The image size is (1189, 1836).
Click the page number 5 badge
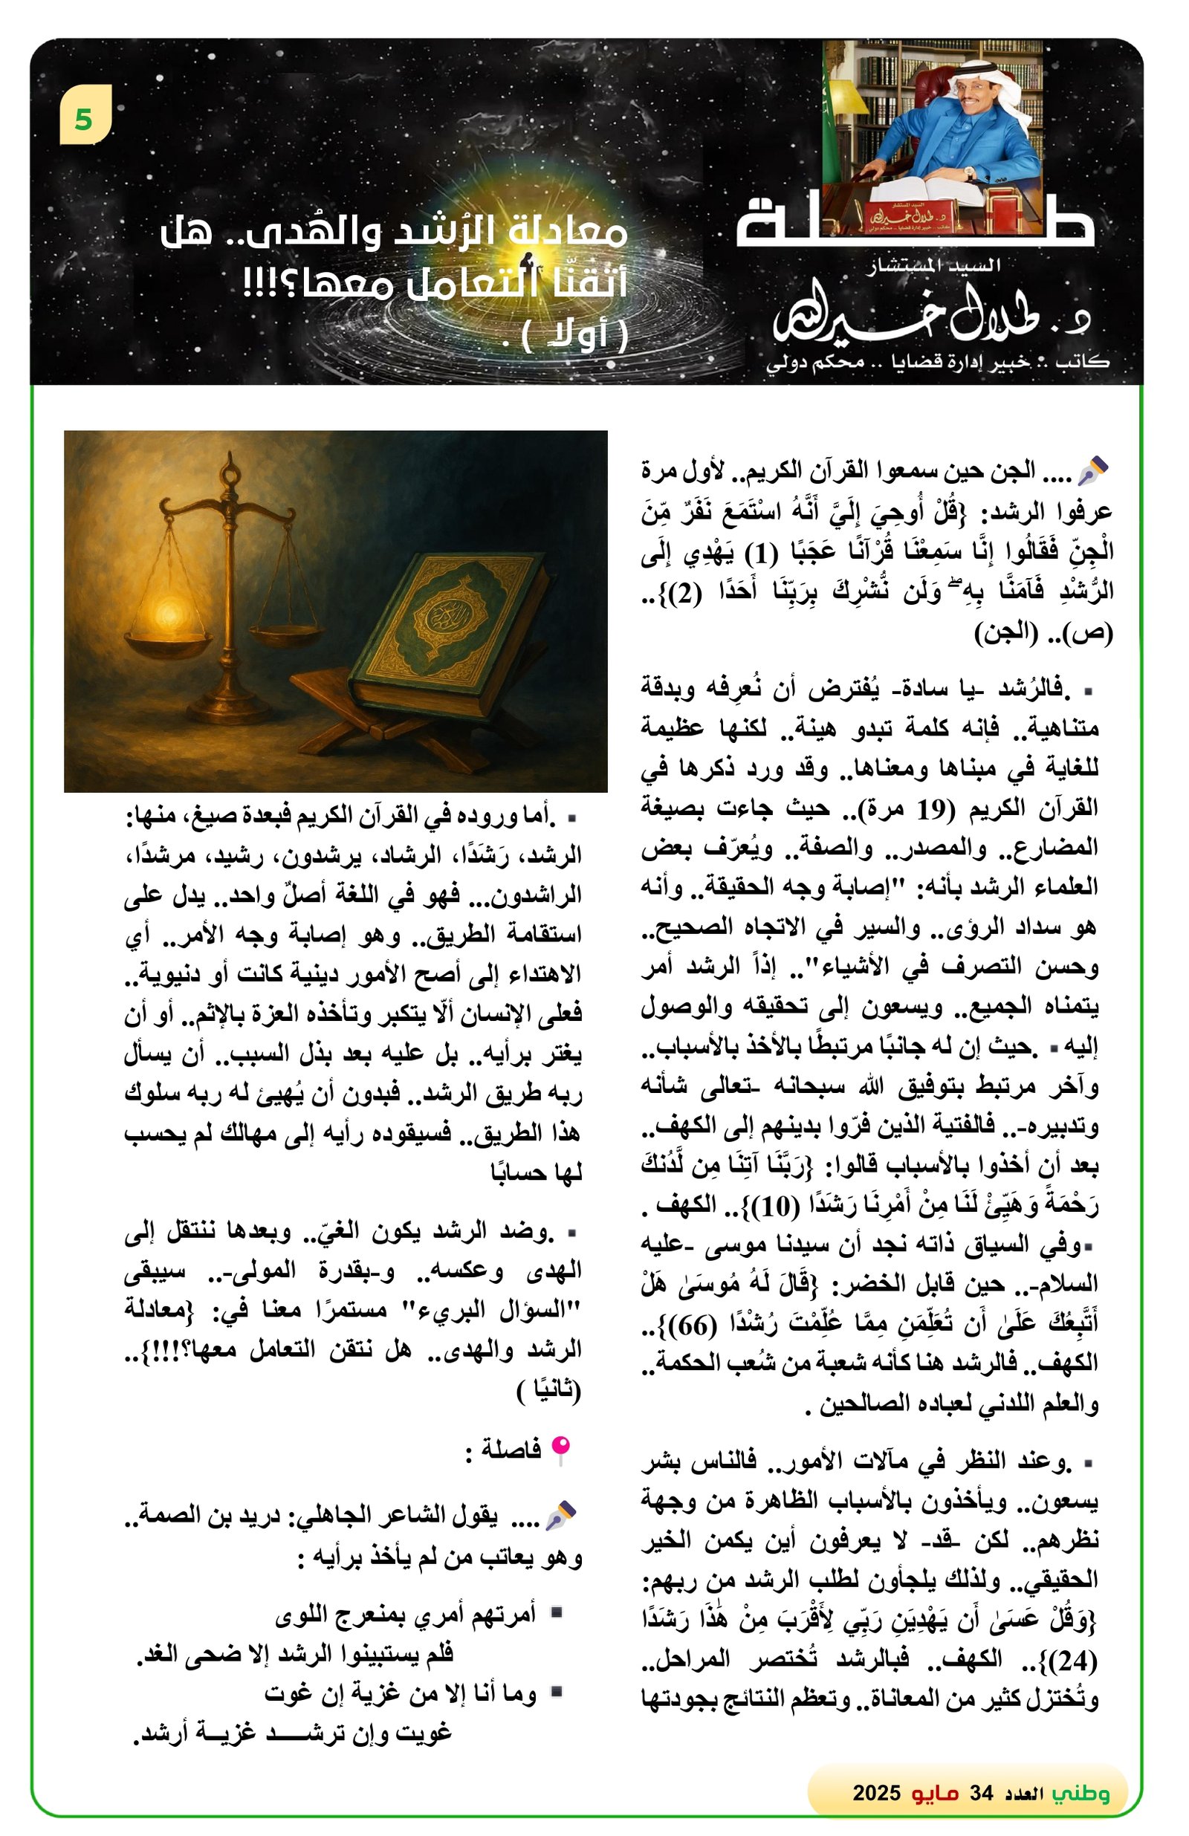[85, 116]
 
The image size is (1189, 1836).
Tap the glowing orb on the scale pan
[167, 613]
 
